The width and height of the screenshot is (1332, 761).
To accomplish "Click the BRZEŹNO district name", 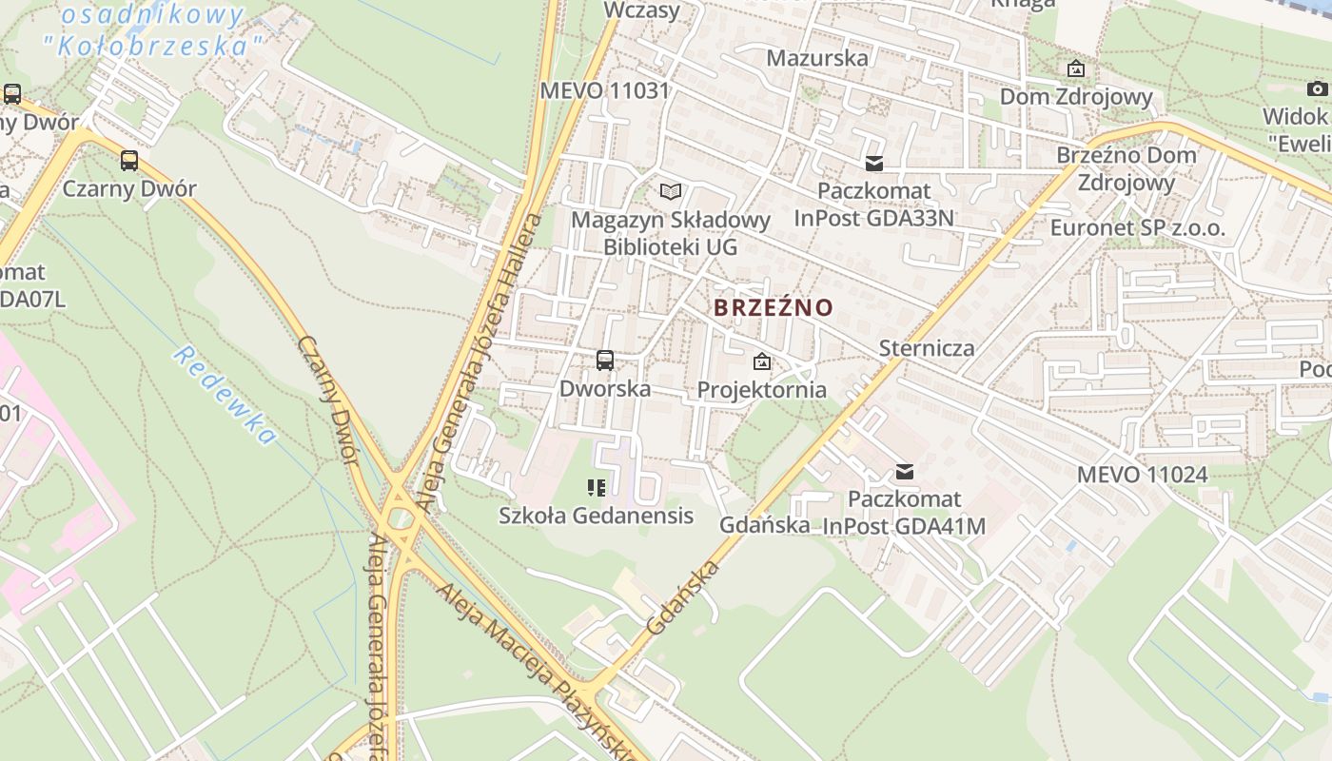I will click(773, 308).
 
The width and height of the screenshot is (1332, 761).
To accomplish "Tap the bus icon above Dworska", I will click(605, 361).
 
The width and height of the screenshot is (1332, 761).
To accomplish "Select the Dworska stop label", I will click(605, 389).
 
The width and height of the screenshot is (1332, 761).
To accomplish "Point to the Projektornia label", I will click(761, 390).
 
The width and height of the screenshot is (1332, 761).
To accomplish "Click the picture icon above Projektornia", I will click(761, 361).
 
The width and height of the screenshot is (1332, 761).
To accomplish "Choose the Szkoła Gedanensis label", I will click(596, 517).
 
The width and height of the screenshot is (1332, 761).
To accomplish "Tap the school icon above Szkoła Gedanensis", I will click(597, 489).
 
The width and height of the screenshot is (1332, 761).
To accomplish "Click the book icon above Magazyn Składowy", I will click(671, 191).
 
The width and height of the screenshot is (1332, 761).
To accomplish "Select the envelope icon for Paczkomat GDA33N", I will click(874, 164).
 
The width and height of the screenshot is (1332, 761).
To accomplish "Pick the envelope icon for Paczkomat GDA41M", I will click(905, 471).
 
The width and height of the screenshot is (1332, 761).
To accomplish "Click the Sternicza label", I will click(926, 348).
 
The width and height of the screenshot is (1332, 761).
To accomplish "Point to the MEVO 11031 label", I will click(605, 91).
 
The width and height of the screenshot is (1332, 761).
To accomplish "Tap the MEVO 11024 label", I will click(1142, 475).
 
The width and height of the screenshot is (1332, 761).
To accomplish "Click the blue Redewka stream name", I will click(225, 396).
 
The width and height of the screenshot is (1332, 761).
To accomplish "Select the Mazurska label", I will click(817, 58).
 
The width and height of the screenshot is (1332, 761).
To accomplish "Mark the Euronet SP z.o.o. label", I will click(1137, 228).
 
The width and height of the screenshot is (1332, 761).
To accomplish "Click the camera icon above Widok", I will click(1317, 89).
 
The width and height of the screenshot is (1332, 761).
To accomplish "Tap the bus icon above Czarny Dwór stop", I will click(129, 160).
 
